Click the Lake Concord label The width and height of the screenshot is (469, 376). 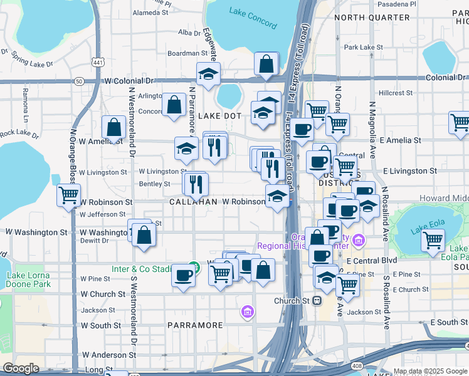(x=253, y=18)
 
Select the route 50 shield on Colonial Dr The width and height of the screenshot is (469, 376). (x=78, y=81)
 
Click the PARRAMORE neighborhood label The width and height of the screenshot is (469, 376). (x=195, y=325)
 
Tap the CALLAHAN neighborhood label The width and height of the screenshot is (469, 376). (x=194, y=202)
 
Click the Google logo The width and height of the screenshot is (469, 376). (x=21, y=368)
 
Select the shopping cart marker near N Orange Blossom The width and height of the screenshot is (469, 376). (x=68, y=194)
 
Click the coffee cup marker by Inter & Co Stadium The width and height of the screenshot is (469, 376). (x=184, y=276)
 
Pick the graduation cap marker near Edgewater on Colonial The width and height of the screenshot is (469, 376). (x=208, y=74)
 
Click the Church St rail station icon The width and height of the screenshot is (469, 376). (x=317, y=300)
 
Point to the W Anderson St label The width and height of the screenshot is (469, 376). (x=105, y=355)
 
